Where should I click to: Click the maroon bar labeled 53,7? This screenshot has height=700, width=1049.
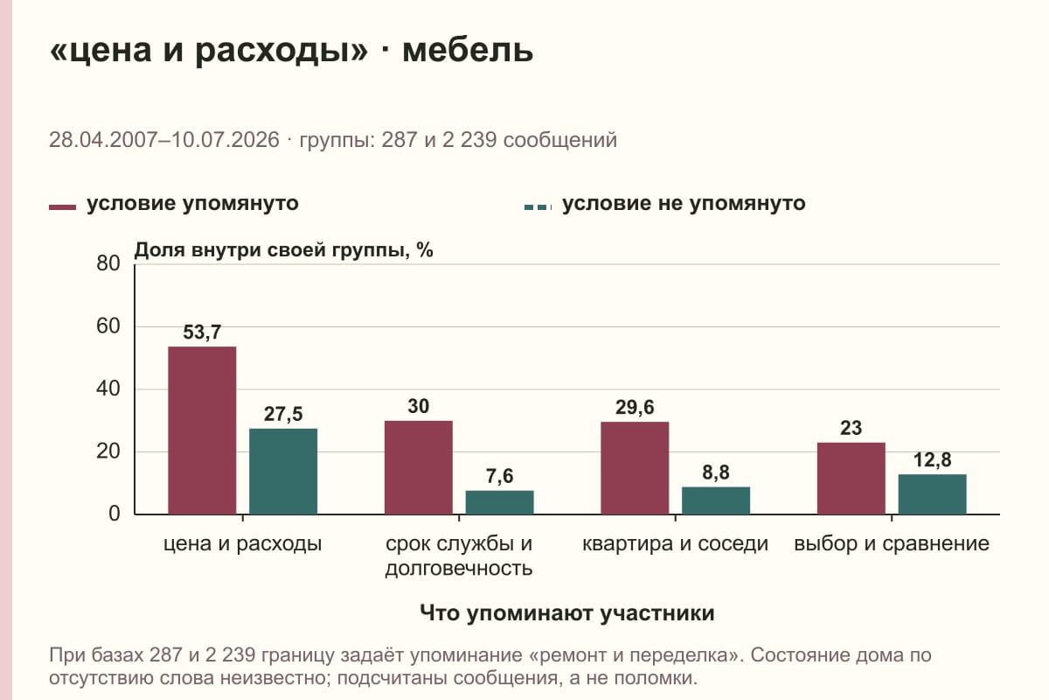click(202, 430)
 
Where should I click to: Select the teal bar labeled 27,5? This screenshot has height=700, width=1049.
click(283, 472)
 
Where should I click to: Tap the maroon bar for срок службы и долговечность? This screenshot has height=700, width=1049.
click(418, 467)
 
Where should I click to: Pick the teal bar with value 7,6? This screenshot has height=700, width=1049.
click(499, 502)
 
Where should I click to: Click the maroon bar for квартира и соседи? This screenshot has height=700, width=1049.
click(635, 468)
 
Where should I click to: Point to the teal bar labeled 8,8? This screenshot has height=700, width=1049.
click(716, 500)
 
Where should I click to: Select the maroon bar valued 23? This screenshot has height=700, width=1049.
click(851, 479)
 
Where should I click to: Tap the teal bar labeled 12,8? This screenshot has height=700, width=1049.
click(932, 494)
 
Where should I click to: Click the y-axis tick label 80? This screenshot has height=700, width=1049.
click(108, 263)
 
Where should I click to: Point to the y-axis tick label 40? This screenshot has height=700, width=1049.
click(108, 388)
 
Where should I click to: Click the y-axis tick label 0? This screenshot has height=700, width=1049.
click(115, 514)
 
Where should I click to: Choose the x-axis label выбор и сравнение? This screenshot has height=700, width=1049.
click(892, 544)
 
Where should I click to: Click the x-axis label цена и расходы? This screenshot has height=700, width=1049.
click(243, 544)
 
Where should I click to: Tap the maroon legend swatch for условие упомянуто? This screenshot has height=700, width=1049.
click(62, 207)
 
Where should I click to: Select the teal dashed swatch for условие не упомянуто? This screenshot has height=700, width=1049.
click(538, 207)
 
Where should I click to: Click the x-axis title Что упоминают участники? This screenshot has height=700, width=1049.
click(567, 613)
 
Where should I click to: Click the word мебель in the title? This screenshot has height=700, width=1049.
click(468, 50)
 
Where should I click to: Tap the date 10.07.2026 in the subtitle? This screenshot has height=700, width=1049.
click(226, 140)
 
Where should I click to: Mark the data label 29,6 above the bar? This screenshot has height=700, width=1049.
click(635, 408)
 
